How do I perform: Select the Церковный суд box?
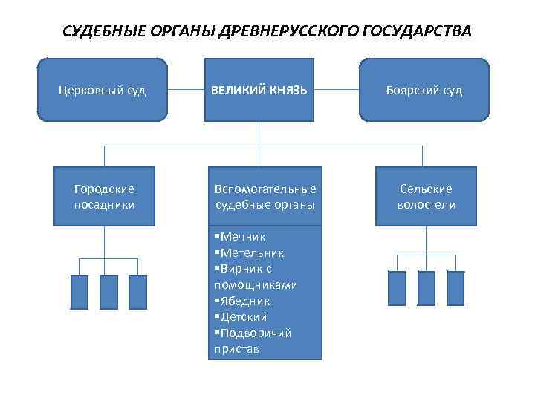103,90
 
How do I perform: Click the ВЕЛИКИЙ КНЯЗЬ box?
259,90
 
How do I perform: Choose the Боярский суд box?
424,90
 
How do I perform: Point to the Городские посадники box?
105,197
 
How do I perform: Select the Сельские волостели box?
426,197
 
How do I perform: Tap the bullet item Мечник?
238,237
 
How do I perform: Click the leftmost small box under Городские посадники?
80,291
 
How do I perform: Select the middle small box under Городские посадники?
108,291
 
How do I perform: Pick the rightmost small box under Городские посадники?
137,291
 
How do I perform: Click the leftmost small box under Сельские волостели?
398,288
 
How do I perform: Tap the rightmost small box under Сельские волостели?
455,288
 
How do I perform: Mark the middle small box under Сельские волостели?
426,288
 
